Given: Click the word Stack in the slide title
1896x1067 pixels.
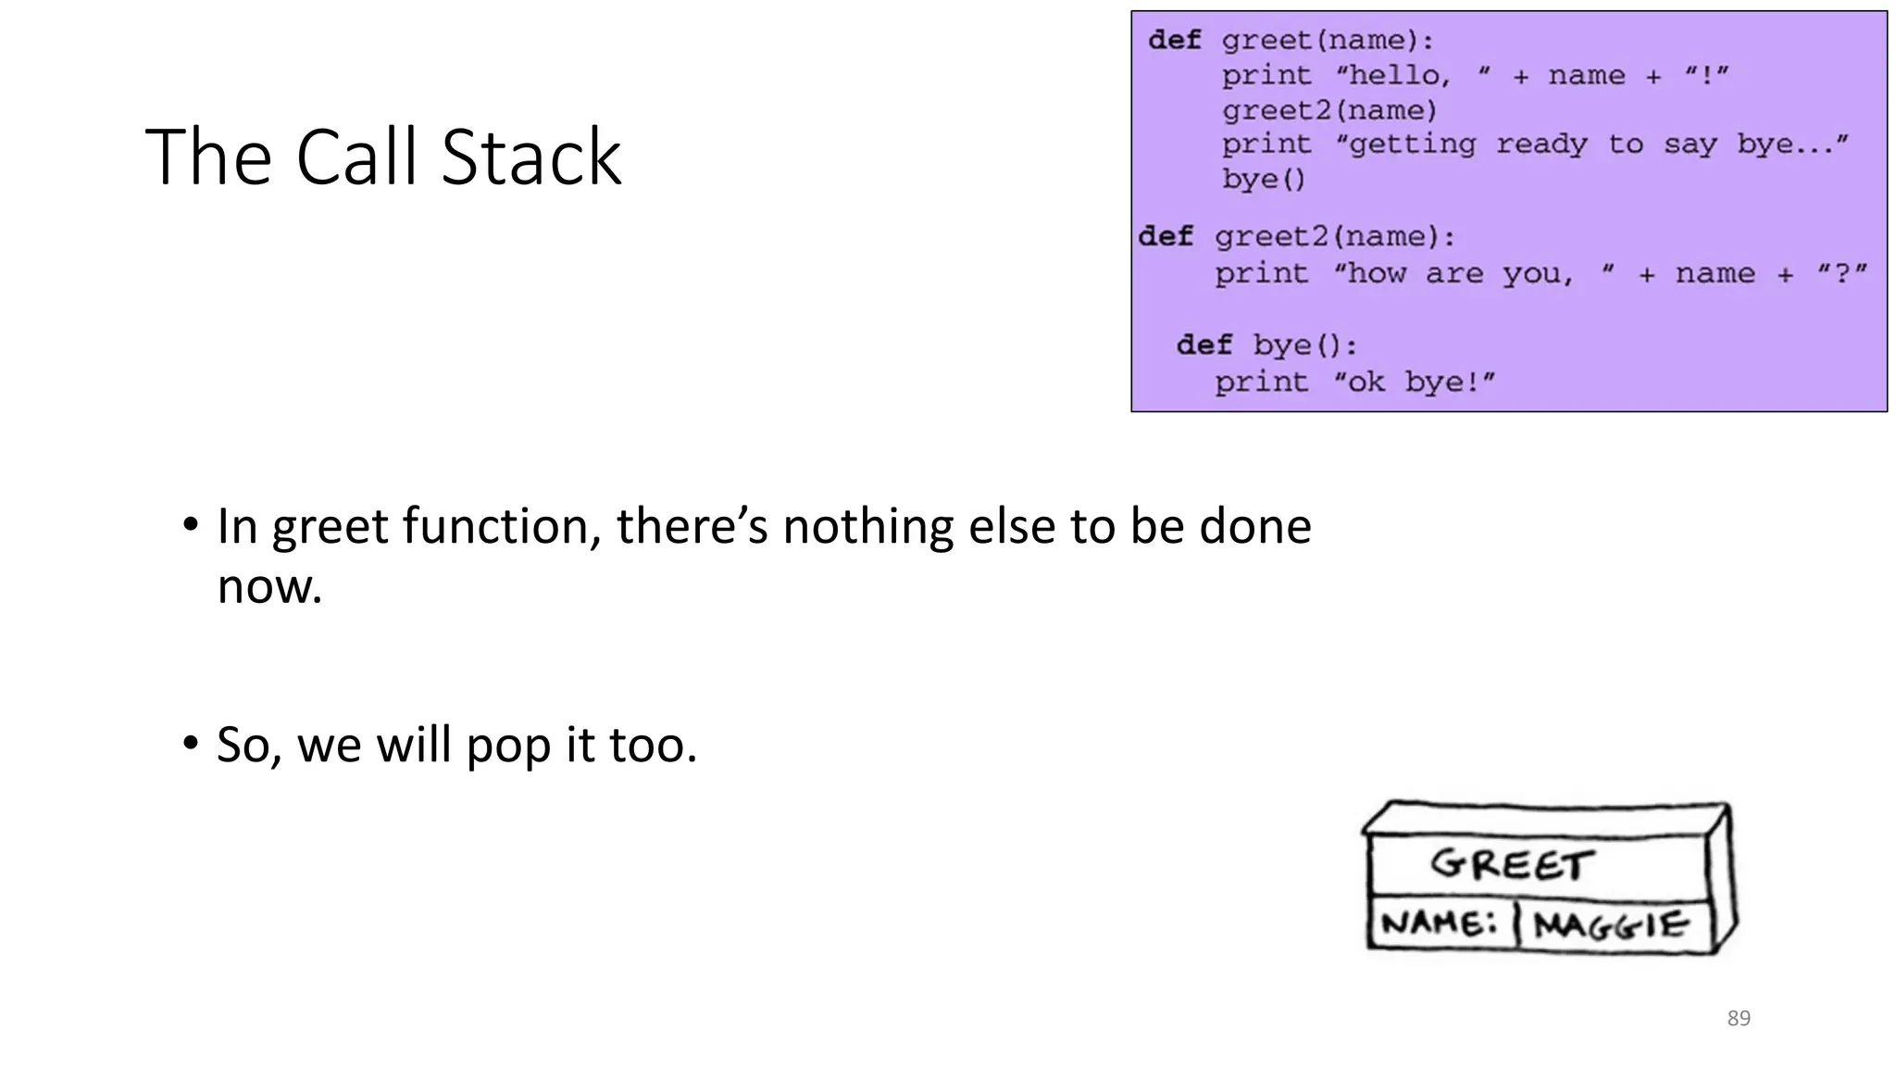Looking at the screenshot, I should [x=530, y=157].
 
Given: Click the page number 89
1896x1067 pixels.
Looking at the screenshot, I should [x=1739, y=1018].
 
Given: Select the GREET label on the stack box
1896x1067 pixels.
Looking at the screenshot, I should [x=1512, y=864].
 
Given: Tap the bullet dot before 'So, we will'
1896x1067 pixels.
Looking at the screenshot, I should [x=191, y=743].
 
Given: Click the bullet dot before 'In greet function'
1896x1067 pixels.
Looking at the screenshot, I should [x=191, y=525].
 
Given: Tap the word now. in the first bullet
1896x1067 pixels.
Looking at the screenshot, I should [x=269, y=586].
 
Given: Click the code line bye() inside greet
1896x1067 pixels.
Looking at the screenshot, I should [x=1263, y=179].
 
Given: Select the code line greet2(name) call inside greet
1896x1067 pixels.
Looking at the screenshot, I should [x=1329, y=110].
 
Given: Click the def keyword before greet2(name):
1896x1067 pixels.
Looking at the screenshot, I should [x=1166, y=236].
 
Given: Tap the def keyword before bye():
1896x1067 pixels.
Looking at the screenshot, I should [x=1204, y=345].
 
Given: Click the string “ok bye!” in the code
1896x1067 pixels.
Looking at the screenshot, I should [x=1414, y=382].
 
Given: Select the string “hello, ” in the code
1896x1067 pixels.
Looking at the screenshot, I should [x=1413, y=75].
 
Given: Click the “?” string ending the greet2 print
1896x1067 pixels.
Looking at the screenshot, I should [x=1841, y=273].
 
